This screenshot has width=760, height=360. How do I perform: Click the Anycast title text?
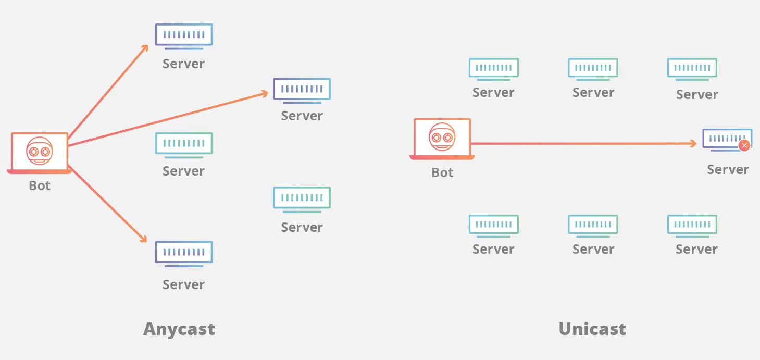coord(179,329)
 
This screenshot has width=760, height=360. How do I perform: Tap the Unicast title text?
coord(592,329)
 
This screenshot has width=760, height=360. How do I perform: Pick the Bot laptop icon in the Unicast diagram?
coord(442,139)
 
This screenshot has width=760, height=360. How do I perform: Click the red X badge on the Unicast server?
coord(744,145)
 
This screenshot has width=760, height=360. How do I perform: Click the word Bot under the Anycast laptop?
coord(40,185)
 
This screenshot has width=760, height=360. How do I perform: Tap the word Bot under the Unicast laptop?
coord(442,172)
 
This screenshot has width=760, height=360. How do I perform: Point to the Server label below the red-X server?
coord(728,169)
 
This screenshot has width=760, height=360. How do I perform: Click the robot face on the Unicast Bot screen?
coord(442,137)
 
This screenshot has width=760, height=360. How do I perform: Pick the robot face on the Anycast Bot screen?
coord(40,151)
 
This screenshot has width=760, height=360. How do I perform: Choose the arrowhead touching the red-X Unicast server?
coord(693,143)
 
